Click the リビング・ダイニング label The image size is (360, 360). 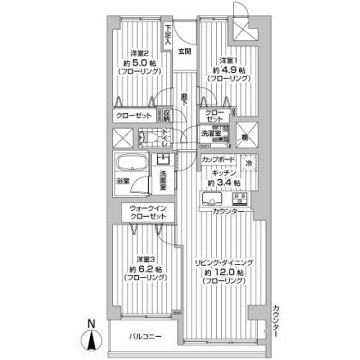point(225,262)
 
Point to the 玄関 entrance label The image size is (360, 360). point(184,51)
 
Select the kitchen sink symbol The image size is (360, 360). point(211,199)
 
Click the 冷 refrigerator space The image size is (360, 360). point(249,163)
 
